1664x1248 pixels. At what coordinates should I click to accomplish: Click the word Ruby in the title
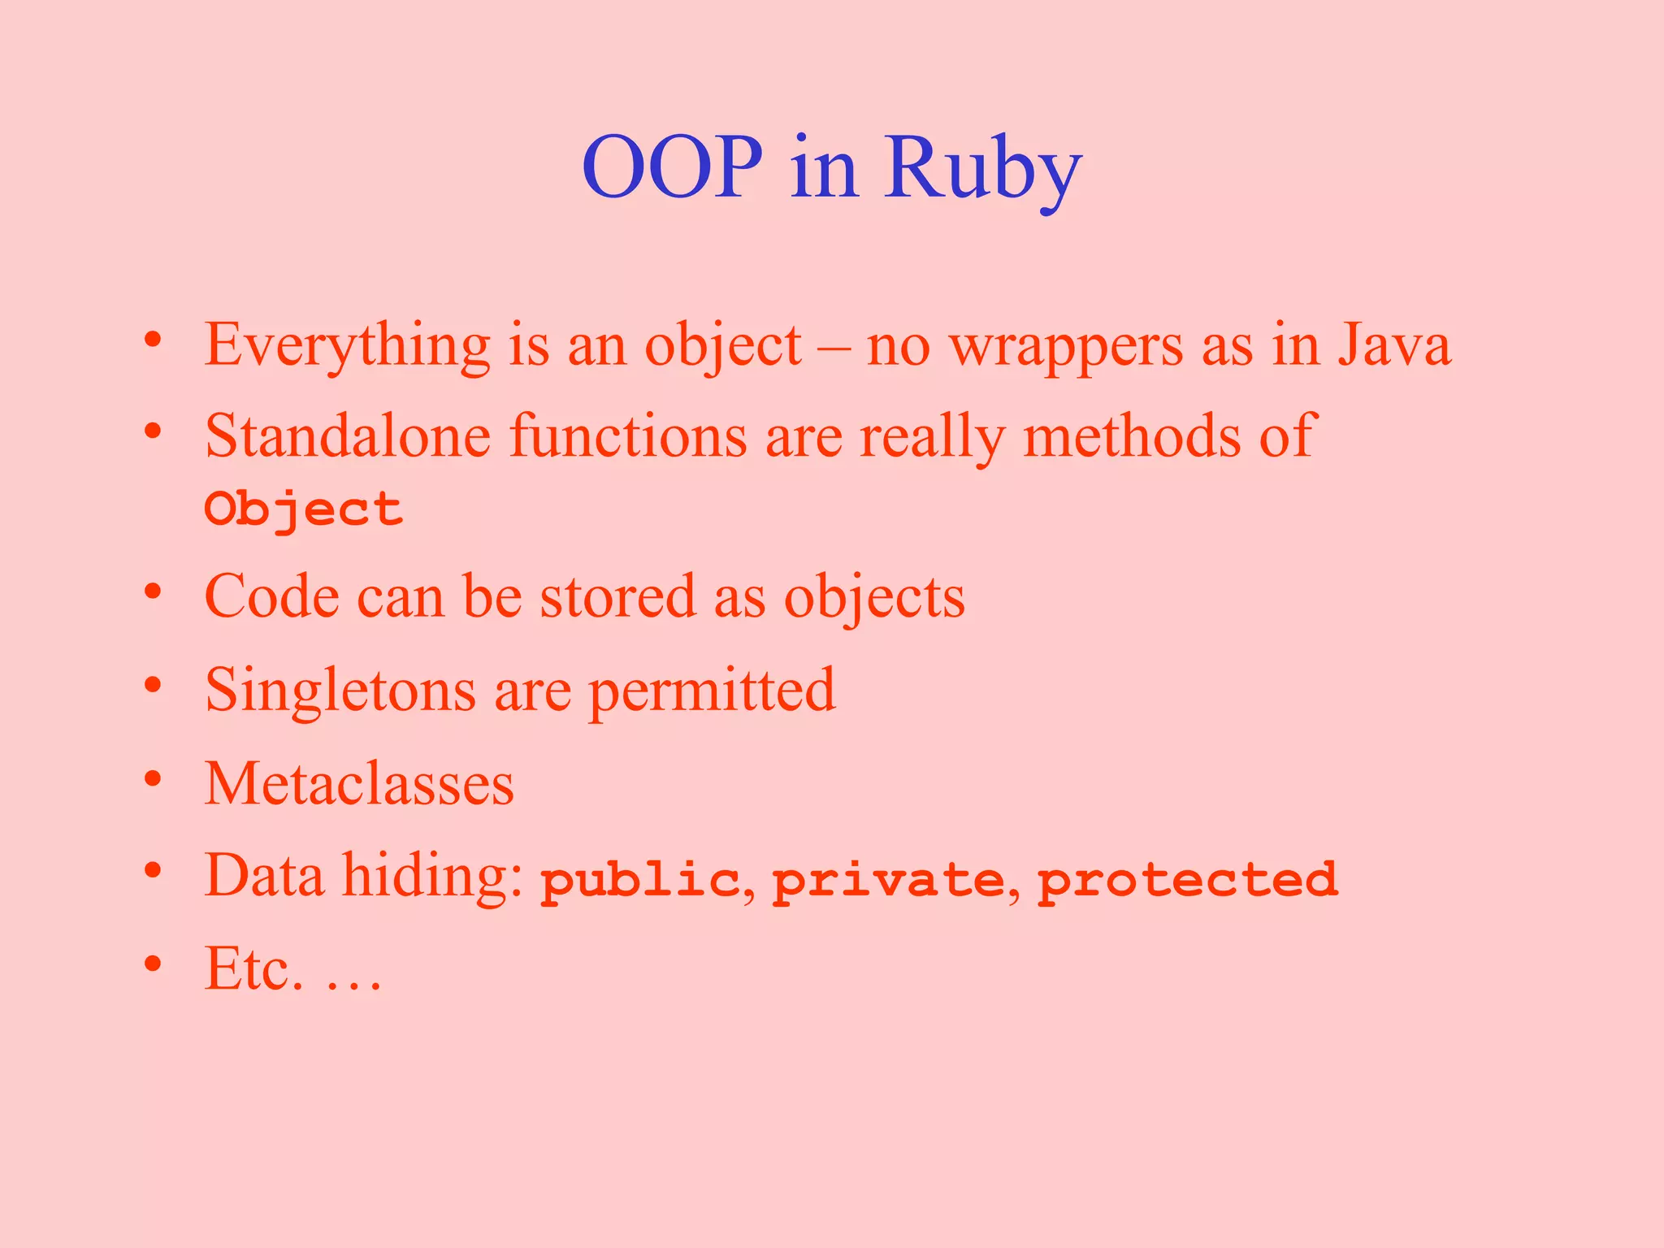[x=982, y=168]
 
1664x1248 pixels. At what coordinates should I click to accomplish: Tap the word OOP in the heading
[x=672, y=168]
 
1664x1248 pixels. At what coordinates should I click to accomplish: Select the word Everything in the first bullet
[x=347, y=345]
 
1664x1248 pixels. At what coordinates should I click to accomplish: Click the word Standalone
[x=347, y=436]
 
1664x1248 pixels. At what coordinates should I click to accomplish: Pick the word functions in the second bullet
[x=627, y=436]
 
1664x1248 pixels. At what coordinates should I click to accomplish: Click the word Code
[x=271, y=596]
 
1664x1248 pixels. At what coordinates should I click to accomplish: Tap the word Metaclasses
[x=359, y=784]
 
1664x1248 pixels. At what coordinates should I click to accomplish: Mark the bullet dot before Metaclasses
[x=153, y=781]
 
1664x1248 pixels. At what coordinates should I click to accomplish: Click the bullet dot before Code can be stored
[x=153, y=592]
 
